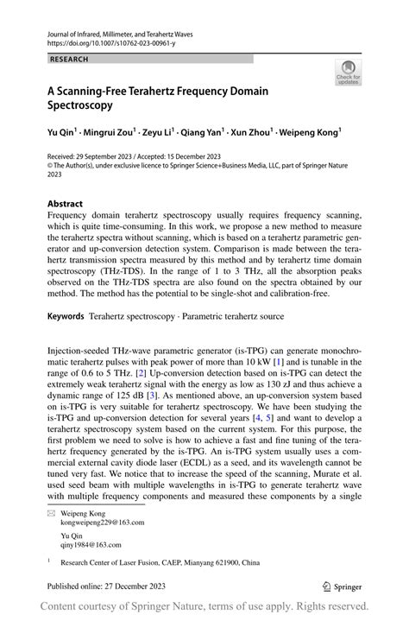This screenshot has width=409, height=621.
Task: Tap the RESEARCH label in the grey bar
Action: pos(70,59)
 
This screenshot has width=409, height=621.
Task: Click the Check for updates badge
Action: pos(348,72)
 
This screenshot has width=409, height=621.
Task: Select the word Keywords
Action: pos(66,317)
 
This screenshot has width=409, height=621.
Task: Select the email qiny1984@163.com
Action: pos(91,545)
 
